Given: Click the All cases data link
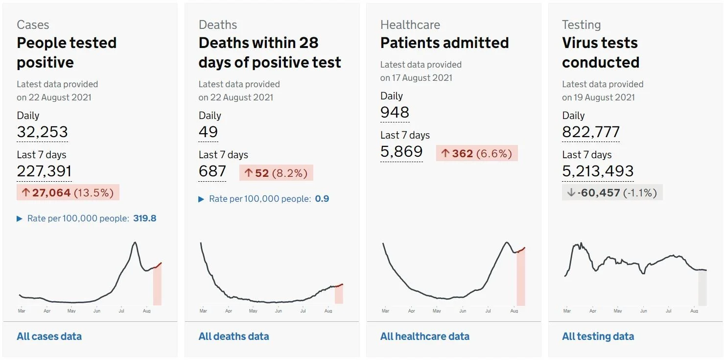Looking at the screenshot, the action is tap(49, 336).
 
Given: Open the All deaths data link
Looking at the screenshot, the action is tap(234, 336).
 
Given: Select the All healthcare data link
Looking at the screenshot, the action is tap(425, 336).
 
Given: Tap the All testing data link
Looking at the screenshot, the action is tap(598, 336).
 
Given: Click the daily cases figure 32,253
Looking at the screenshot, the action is tap(42, 132).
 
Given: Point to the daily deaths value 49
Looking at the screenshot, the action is tap(208, 132).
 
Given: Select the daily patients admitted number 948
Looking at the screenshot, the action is tap(395, 112).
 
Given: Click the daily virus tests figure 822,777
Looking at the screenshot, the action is tap(591, 132).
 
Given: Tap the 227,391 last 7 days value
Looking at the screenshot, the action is tap(44, 171).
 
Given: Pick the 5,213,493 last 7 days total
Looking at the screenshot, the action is tap(598, 171).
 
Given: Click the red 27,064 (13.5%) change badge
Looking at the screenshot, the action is tap(68, 192).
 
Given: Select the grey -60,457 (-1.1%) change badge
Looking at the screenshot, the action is tap(612, 192).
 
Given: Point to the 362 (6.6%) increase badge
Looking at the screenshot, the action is tap(477, 153).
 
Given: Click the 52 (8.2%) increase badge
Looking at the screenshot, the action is tap(276, 173).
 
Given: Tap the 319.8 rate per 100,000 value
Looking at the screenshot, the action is tap(144, 218).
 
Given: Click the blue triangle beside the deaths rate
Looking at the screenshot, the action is tap(201, 199).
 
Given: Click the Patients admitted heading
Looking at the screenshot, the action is tap(444, 43).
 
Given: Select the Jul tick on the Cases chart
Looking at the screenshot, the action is tap(121, 311).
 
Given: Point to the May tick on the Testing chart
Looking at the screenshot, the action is tap(618, 311).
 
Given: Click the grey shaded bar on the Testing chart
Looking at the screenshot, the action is tap(702, 288).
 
